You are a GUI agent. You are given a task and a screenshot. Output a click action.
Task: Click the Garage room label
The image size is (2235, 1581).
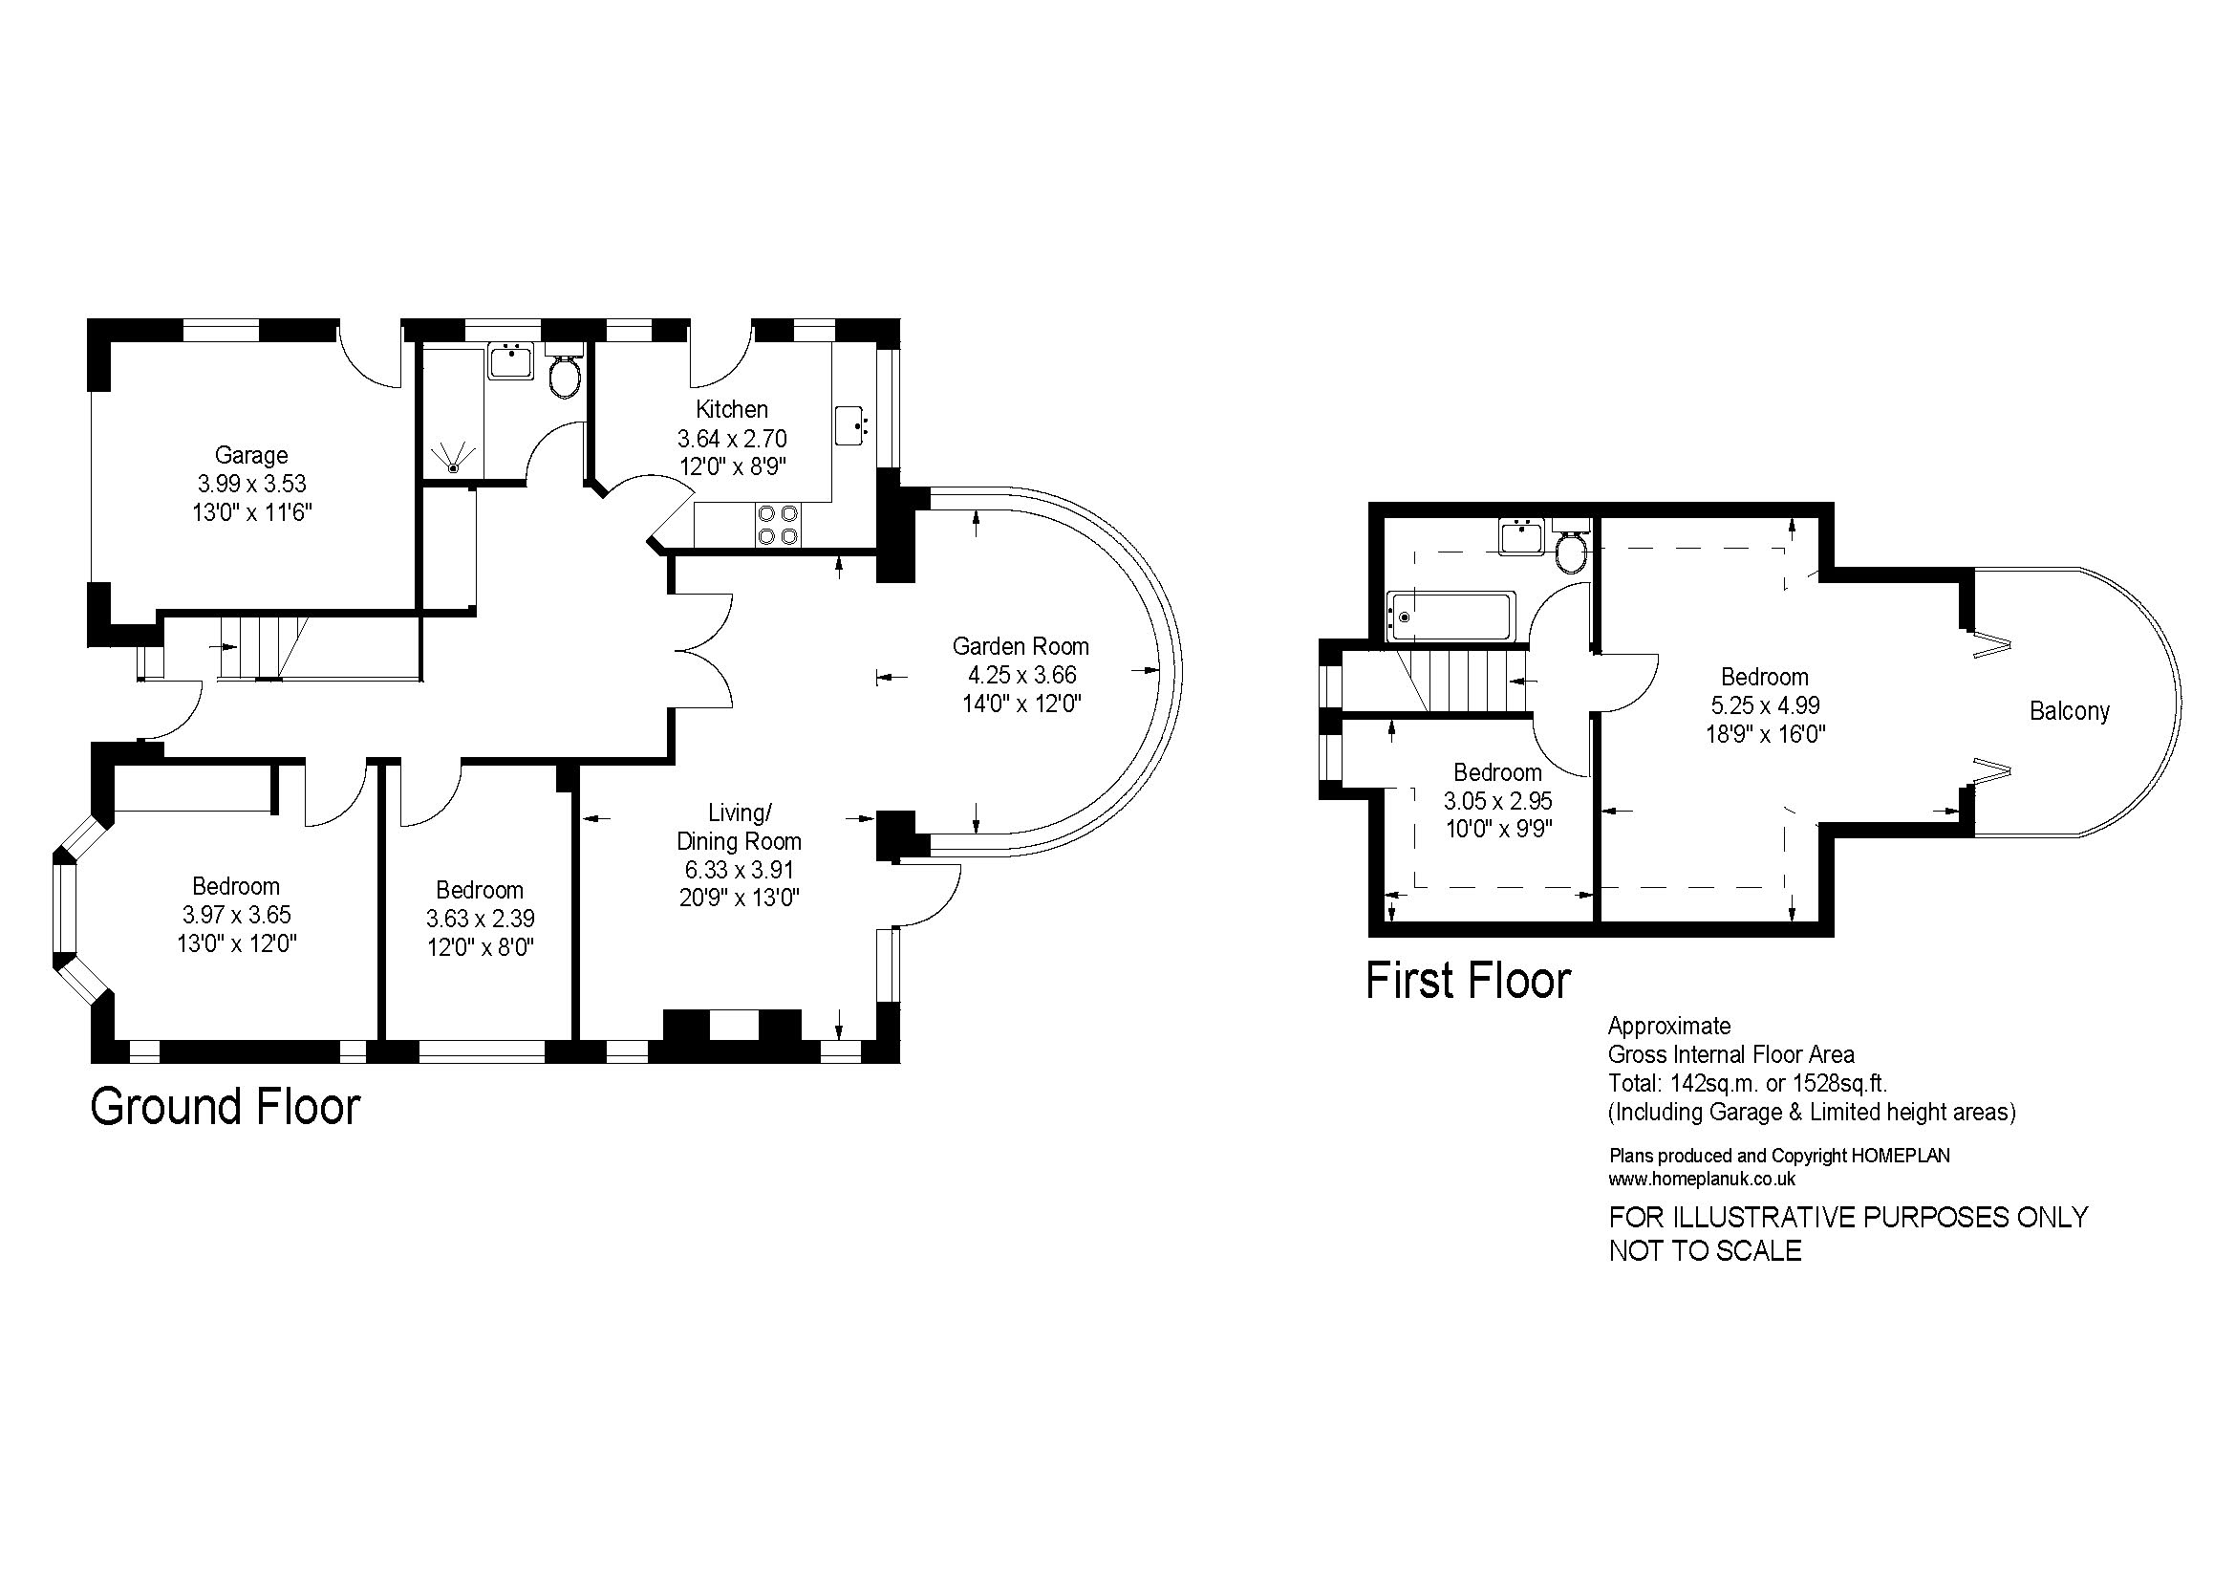pyautogui.click(x=251, y=455)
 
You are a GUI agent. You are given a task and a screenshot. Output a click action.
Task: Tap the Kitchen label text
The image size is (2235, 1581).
pyautogui.click(x=732, y=409)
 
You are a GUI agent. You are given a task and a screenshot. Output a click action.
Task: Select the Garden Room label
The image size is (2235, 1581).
pyautogui.click(x=1021, y=646)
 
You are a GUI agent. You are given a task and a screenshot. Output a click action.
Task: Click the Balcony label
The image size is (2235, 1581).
pyautogui.click(x=2070, y=712)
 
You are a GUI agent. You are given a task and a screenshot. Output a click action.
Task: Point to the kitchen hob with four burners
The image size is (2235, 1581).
pyautogui.click(x=777, y=524)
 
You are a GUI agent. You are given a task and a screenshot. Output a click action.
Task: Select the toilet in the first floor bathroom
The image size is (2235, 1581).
pyautogui.click(x=1570, y=548)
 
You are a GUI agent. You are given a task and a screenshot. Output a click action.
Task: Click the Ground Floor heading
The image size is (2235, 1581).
pyautogui.click(x=225, y=1107)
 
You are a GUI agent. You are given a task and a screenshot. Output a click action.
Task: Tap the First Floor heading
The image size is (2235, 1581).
pyautogui.click(x=1469, y=981)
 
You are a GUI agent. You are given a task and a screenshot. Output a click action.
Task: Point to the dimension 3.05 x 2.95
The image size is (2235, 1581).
pyautogui.click(x=1497, y=801)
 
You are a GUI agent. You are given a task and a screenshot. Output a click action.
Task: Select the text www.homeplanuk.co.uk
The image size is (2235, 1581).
pyautogui.click(x=1703, y=1179)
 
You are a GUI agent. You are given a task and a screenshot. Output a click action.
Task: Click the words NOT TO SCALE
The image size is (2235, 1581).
pyautogui.click(x=1706, y=1251)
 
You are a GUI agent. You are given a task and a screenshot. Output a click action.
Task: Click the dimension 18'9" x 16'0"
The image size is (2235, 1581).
pyautogui.click(x=1765, y=734)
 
